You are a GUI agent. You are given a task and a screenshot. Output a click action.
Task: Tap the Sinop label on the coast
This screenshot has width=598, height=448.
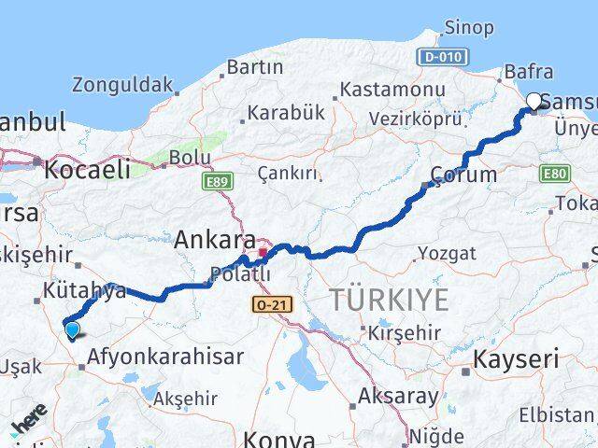469,27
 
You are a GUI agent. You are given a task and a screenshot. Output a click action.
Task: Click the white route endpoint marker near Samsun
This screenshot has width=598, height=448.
534,102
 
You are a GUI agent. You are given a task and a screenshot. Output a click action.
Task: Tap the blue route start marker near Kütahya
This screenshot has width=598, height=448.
72,328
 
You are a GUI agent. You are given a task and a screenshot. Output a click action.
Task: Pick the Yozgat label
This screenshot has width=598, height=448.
447,253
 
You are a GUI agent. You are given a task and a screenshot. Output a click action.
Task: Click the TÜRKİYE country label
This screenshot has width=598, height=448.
389,301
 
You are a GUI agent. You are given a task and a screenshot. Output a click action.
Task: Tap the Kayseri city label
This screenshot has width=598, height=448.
517,358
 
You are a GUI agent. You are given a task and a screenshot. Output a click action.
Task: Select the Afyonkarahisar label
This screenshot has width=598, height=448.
165,357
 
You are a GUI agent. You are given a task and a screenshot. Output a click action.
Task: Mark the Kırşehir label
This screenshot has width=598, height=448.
403,332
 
